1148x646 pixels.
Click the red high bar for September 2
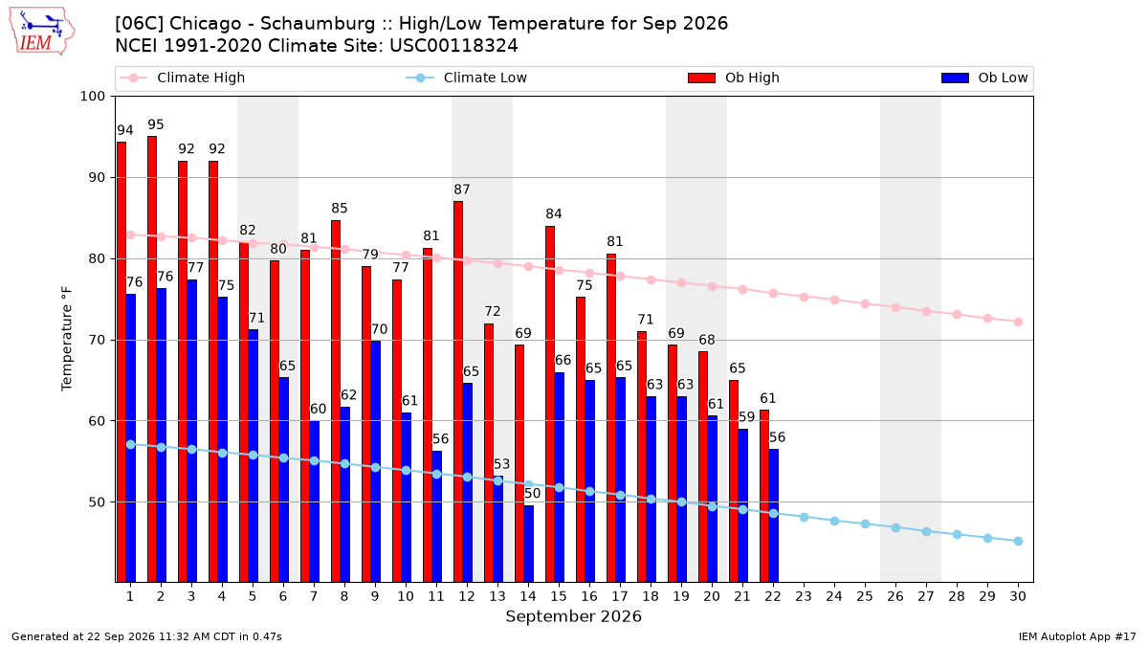[152, 359]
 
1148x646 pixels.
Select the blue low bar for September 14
[528, 544]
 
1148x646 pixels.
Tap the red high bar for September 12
[458, 391]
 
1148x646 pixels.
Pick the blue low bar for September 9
[376, 461]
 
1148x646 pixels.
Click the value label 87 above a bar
[462, 189]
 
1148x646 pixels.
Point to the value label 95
[156, 124]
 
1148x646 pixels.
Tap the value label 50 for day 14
[533, 494]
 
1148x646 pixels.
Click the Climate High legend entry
[182, 78]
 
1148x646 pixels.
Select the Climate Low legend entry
[467, 78]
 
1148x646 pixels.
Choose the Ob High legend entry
[734, 78]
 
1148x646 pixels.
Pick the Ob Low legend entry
[984, 78]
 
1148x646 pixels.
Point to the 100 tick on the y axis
[92, 97]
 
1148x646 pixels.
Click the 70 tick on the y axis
[97, 340]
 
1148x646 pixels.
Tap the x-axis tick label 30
[1018, 596]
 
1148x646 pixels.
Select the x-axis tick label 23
[804, 596]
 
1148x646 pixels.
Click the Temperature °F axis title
[67, 339]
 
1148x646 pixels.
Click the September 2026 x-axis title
[573, 616]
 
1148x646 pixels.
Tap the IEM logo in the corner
[42, 32]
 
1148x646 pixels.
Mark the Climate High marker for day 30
[1018, 322]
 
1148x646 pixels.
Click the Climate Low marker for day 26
[895, 527]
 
